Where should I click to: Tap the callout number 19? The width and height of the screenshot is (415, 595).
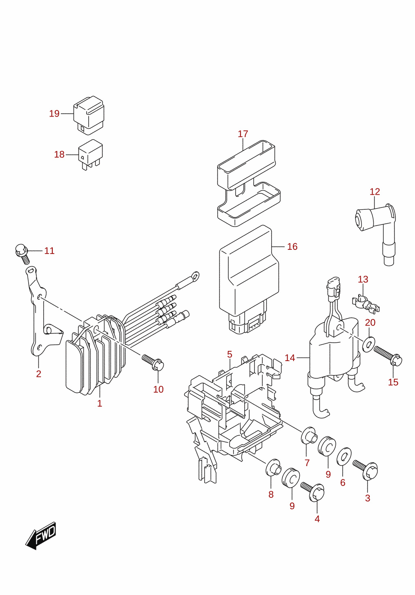[54, 114]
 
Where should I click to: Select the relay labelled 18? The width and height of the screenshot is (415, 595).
[90, 154]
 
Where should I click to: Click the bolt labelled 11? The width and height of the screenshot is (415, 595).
[22, 254]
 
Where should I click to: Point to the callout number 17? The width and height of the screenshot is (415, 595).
[243, 134]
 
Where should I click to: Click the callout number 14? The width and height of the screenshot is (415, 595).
[290, 358]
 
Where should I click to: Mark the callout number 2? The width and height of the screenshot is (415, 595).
[39, 374]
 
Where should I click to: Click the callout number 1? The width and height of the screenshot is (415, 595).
[100, 403]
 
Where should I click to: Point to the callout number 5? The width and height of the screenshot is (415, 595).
[230, 354]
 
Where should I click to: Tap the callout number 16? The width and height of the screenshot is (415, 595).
[292, 247]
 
